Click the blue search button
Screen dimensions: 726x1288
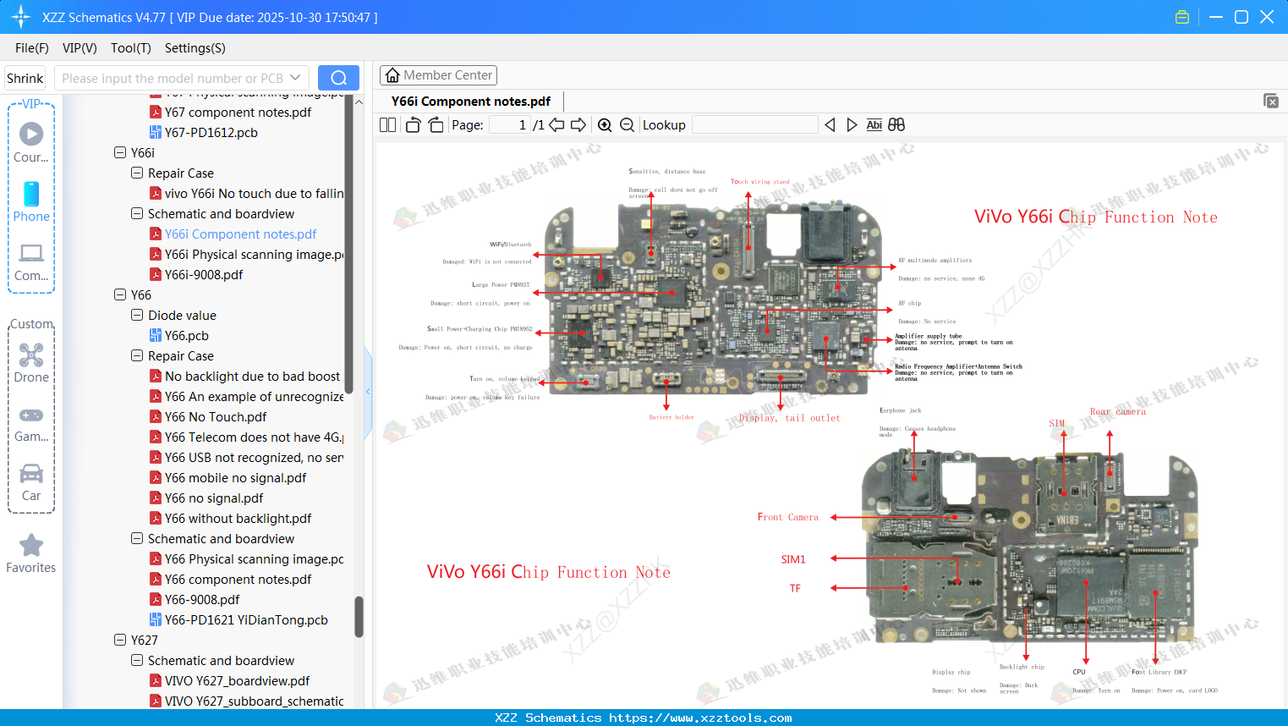coord(338,78)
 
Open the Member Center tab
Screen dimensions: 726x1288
coord(438,75)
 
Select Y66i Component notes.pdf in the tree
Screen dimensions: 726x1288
coord(240,234)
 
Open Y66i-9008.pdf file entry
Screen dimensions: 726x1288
coord(203,275)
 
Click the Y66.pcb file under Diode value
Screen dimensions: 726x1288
coord(186,336)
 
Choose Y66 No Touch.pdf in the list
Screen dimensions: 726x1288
coord(215,417)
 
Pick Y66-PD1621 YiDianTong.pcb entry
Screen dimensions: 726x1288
coord(245,620)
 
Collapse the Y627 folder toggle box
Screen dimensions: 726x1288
coord(120,641)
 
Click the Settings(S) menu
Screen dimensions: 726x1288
coord(195,48)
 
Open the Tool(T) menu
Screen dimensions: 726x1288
coord(130,48)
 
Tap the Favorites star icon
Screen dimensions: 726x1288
coord(31,546)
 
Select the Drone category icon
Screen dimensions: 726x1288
coord(31,355)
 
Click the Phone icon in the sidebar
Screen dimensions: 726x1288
coord(31,195)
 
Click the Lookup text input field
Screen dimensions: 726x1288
coord(754,125)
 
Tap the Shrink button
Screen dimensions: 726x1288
coord(25,79)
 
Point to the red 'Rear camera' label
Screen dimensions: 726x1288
coord(1117,412)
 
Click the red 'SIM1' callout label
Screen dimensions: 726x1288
coord(793,559)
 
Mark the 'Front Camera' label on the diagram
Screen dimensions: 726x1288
coord(787,517)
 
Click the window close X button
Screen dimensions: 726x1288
coord(1266,17)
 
